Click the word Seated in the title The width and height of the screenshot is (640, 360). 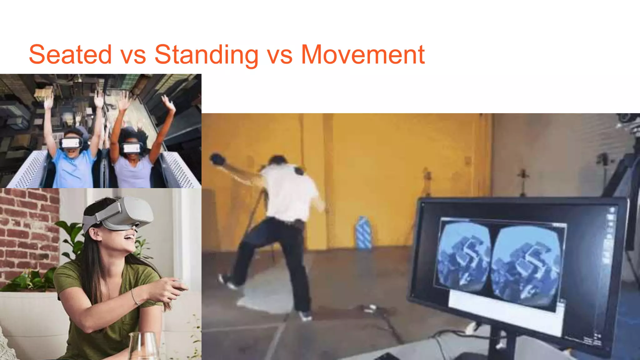tap(70, 54)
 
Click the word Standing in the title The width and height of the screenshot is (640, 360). tap(206, 55)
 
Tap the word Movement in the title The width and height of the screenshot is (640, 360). tap(362, 54)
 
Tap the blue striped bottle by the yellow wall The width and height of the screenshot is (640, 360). tap(363, 233)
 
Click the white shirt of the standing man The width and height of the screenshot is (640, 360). tap(289, 192)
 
